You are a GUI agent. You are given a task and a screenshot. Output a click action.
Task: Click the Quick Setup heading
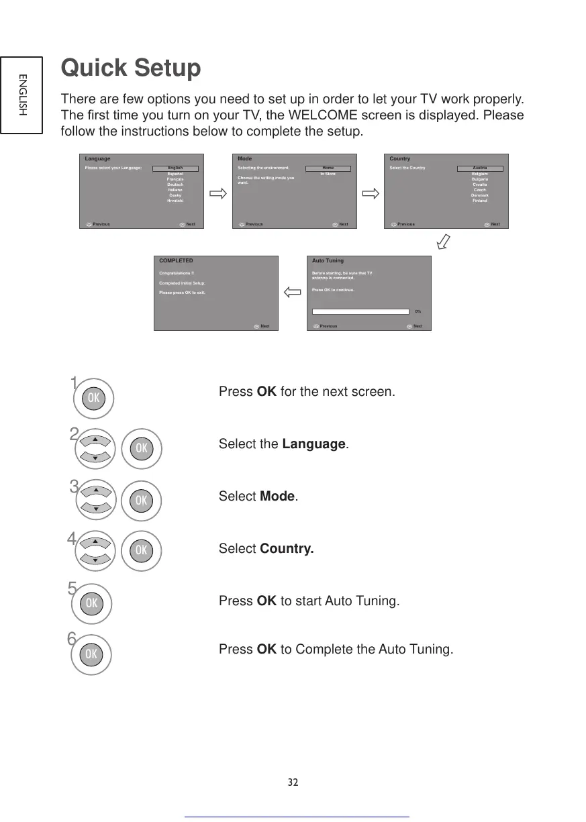[130, 68]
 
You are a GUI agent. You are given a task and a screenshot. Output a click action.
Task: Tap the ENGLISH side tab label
[22, 94]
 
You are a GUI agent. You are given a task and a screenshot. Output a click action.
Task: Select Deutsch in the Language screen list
[175, 185]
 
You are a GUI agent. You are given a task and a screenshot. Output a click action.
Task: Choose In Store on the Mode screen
[328, 174]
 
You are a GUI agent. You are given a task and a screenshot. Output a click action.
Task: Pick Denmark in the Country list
[479, 195]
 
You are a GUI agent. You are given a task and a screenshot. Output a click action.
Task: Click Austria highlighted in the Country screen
[479, 168]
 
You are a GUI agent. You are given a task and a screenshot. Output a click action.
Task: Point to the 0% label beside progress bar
[418, 311]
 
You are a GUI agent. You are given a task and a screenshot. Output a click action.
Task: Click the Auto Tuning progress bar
[361, 311]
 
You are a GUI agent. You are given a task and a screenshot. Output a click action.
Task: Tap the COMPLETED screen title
[176, 260]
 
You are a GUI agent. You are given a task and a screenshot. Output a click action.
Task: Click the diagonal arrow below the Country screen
[444, 240]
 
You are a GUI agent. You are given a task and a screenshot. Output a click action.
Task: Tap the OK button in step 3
[141, 500]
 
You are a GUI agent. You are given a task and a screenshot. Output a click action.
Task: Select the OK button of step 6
[92, 653]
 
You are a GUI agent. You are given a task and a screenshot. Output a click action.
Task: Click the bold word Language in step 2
[313, 444]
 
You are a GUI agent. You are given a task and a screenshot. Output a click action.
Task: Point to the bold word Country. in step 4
[286, 549]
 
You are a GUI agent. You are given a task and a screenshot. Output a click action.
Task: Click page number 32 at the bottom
[293, 782]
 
